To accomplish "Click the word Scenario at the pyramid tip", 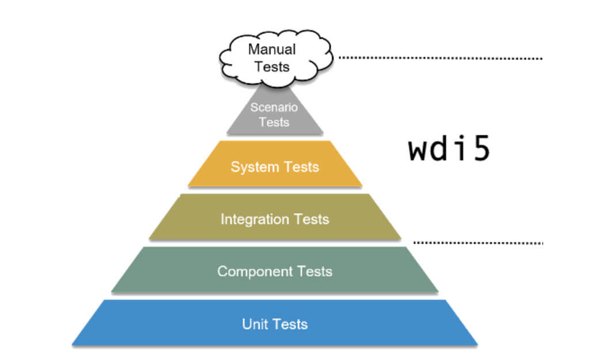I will coord(274,107).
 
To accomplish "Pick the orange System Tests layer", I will coord(275,165).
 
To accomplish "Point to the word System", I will coord(251,167).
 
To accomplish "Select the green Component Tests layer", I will coord(275,270).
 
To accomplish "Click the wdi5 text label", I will coord(449,149).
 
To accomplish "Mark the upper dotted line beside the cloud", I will coord(441,58).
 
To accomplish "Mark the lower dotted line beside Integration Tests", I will coord(478,242).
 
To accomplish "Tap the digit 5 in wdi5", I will coord(479,149).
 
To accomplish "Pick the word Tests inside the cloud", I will coord(272,66).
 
